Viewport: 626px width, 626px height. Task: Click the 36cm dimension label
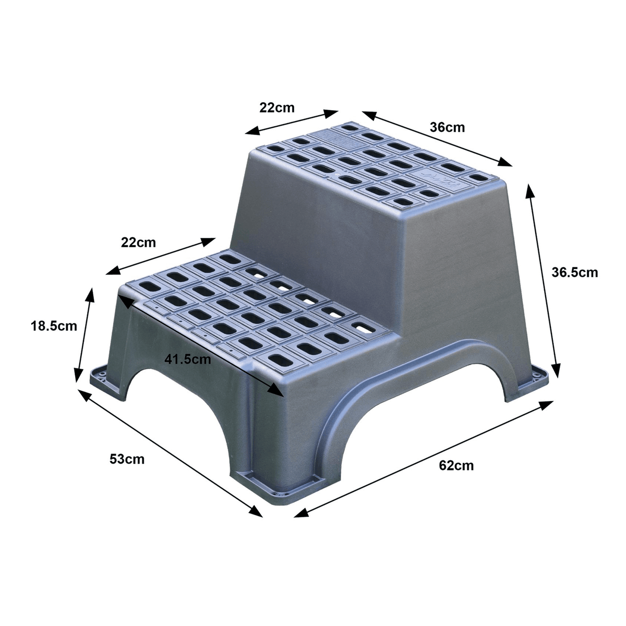click(447, 127)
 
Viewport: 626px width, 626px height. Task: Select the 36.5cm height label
click(574, 272)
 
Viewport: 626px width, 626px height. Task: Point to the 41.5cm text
click(188, 359)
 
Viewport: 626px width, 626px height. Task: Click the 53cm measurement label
click(127, 459)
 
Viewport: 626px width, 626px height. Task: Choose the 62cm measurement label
click(456, 465)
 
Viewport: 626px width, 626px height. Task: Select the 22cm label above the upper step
click(277, 107)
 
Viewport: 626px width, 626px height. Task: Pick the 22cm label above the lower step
click(138, 243)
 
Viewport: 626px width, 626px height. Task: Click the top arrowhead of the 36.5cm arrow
click(529, 190)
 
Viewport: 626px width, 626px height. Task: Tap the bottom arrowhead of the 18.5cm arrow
click(78, 376)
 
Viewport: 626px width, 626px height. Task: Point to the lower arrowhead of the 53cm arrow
click(255, 511)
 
